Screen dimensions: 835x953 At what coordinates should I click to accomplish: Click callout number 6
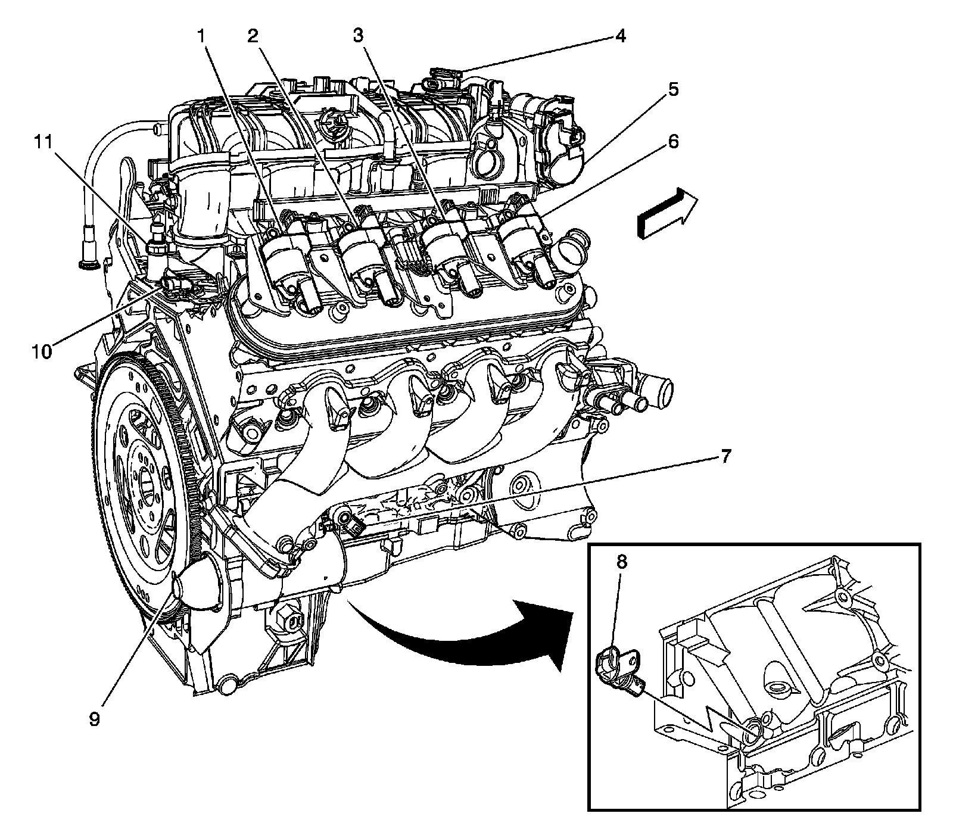coord(673,142)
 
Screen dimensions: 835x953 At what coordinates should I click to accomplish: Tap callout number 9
coord(95,719)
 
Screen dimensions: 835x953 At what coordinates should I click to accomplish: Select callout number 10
coord(42,351)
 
